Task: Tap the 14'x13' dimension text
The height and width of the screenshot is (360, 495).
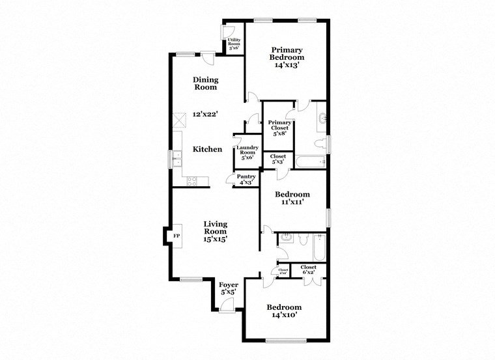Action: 287,65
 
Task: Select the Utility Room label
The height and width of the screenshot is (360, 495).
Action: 234,44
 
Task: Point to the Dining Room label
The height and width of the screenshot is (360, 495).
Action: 205,83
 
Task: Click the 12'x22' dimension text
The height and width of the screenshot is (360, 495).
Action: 205,113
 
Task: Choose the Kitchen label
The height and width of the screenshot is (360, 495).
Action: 207,149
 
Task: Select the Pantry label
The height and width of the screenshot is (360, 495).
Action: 246,179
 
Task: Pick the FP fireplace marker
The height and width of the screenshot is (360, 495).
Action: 176,236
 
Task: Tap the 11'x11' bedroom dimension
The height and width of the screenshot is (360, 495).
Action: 292,202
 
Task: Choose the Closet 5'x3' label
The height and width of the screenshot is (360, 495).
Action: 278,159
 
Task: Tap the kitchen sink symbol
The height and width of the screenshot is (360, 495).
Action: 177,159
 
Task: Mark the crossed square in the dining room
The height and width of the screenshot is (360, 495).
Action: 180,122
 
